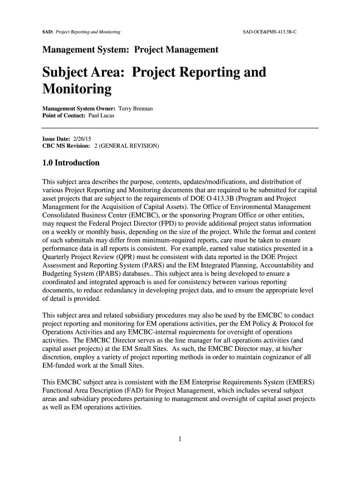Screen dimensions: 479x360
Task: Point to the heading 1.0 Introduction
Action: pyautogui.click(x=71, y=163)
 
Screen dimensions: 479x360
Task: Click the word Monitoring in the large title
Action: pyautogui.click(x=77, y=89)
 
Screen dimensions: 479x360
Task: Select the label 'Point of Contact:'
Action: pyautogui.click(x=64, y=116)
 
